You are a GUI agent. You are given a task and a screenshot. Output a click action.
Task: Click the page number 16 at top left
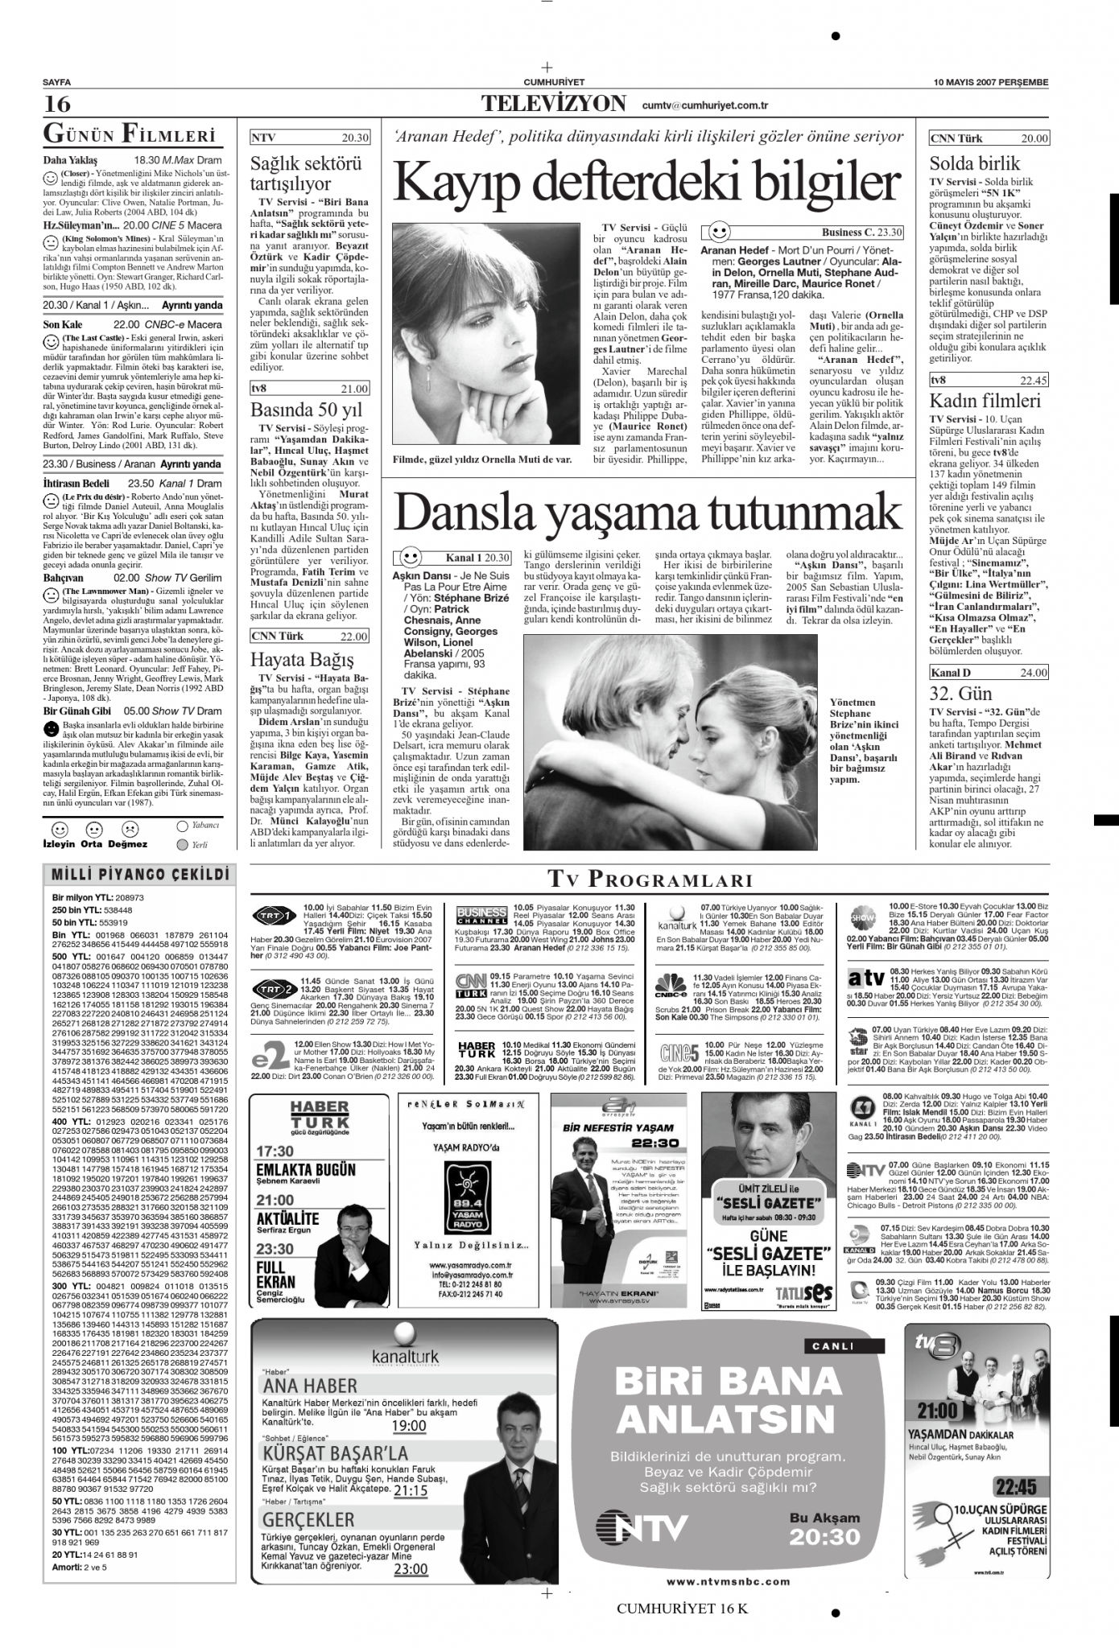click(x=57, y=105)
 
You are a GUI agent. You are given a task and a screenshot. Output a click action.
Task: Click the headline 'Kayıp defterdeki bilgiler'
click(x=646, y=183)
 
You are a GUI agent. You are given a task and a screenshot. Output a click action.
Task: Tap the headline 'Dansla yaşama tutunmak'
click(x=647, y=510)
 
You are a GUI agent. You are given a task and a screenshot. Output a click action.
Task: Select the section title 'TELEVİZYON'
click(x=554, y=104)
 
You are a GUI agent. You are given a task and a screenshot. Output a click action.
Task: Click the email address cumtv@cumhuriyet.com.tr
click(x=705, y=105)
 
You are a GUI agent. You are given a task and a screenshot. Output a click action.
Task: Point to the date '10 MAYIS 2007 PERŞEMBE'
click(x=991, y=82)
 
